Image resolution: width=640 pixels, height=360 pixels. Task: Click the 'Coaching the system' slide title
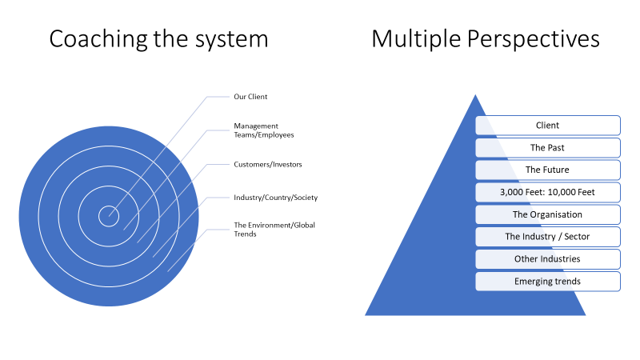tap(158, 38)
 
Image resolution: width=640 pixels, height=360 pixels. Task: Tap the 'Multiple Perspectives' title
tap(486, 38)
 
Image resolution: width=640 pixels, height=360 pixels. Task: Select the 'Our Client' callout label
tap(250, 97)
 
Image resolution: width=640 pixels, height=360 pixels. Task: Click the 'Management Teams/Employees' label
tap(256, 130)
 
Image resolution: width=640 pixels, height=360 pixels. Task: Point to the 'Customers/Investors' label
tap(267, 164)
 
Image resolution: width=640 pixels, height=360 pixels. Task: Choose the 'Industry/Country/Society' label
tap(275, 197)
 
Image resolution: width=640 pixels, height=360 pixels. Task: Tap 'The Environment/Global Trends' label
tap(274, 229)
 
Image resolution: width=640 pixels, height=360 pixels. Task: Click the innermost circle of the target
tap(108, 215)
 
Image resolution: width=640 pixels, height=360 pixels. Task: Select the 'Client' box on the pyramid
tap(548, 125)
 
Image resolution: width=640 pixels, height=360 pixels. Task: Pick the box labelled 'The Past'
tap(548, 147)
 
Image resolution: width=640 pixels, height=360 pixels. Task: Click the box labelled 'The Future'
tap(548, 170)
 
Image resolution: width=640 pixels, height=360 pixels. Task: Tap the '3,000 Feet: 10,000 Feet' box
tap(548, 192)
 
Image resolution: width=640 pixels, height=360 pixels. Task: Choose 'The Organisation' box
tap(548, 214)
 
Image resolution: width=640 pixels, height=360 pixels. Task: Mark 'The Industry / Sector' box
tap(548, 237)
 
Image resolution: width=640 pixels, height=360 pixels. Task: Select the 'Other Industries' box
tap(548, 259)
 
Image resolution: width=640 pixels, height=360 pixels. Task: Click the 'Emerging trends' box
tap(548, 282)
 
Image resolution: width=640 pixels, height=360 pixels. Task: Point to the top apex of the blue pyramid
tap(476, 96)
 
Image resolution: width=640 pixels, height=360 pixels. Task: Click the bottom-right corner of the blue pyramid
tap(585, 314)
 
